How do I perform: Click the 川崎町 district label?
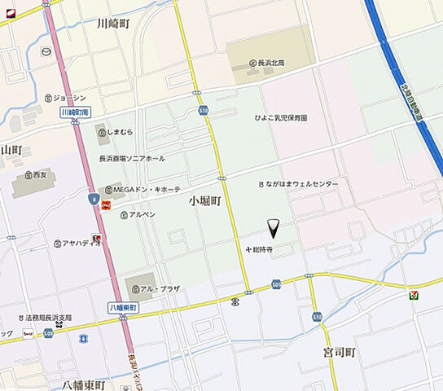click(x=112, y=24)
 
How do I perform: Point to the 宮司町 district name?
click(x=339, y=353)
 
